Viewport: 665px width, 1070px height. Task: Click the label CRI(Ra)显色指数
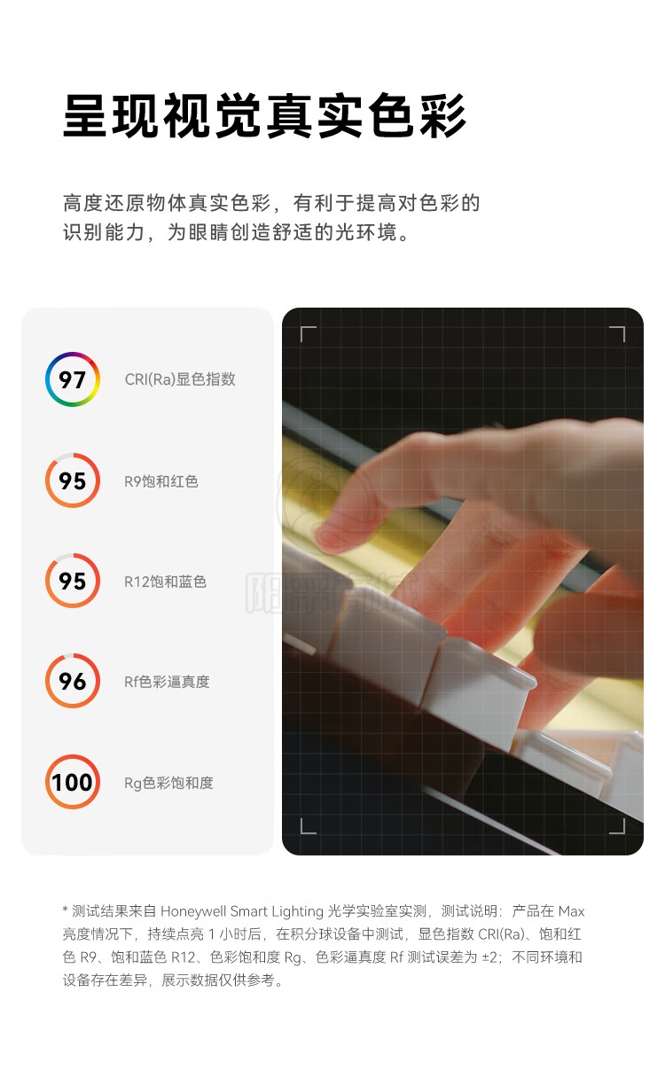click(180, 379)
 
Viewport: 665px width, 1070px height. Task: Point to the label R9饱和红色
click(161, 481)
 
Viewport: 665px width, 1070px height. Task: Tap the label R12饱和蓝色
click(165, 582)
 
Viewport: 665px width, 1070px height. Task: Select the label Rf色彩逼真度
click(167, 682)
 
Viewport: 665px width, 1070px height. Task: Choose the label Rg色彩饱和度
click(168, 783)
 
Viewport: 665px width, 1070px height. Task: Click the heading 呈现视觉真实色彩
click(264, 116)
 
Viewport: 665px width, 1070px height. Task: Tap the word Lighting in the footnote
click(297, 912)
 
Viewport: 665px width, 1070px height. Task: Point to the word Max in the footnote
click(571, 911)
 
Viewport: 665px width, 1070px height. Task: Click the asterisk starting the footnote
click(65, 909)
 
